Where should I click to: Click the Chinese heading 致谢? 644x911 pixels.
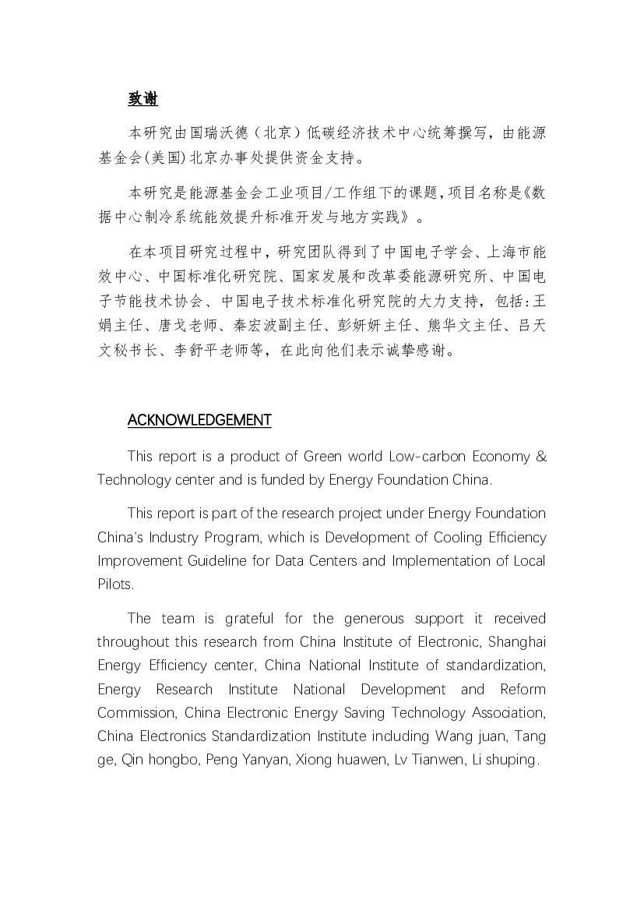143,100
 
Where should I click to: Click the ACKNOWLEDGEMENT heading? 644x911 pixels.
199,421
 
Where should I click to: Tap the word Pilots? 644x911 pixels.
115,584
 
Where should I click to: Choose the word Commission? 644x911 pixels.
127,713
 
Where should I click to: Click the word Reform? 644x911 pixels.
523,690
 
